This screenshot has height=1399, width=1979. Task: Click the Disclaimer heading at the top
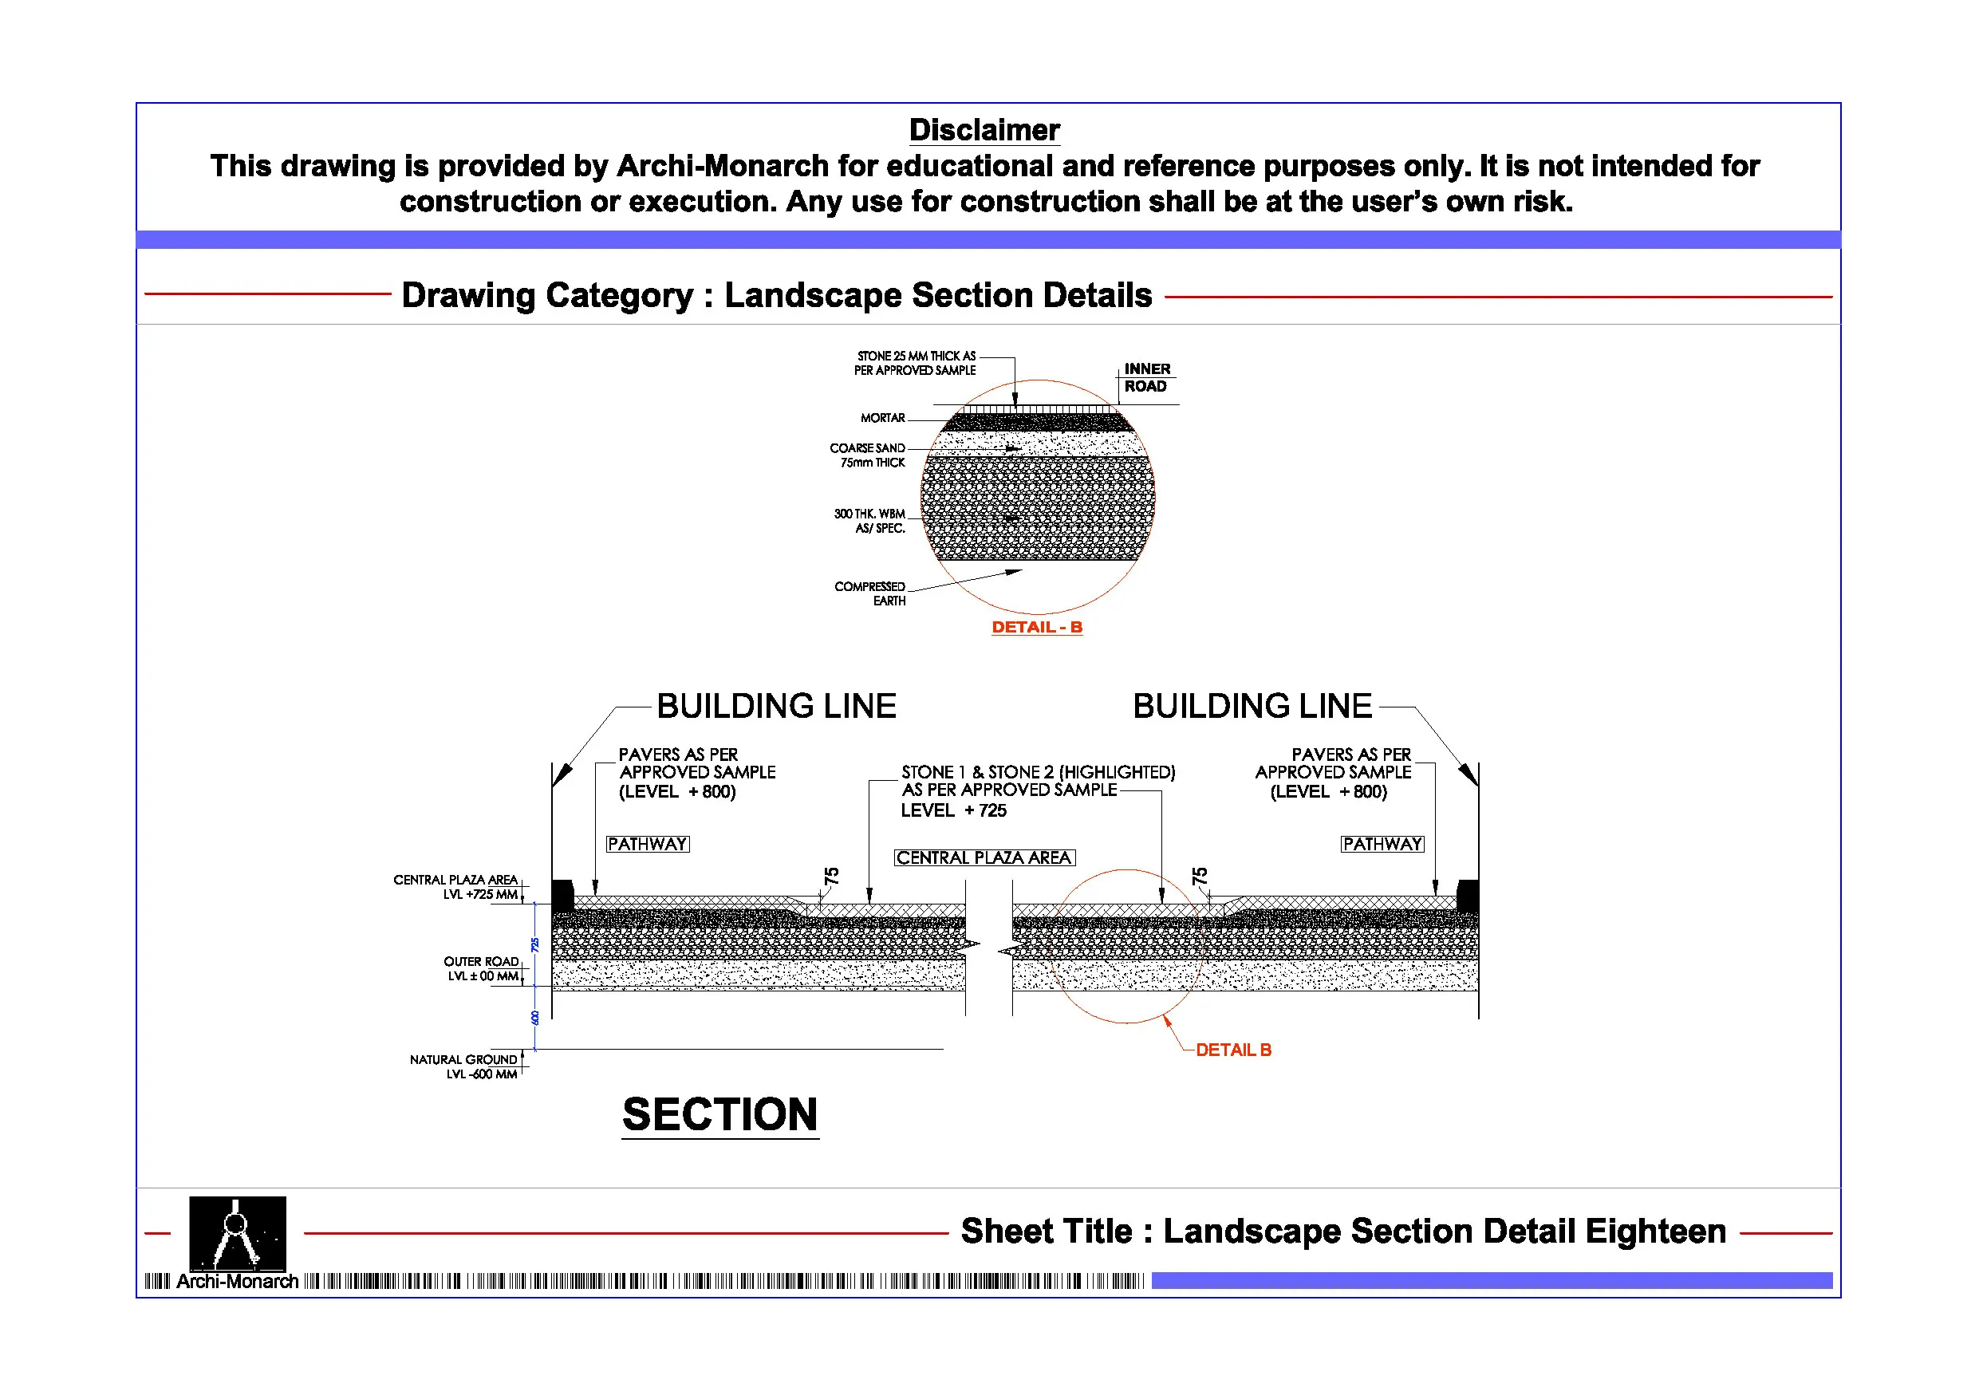pyautogui.click(x=984, y=130)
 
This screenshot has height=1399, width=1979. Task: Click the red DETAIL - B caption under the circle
pyautogui.click(x=1036, y=628)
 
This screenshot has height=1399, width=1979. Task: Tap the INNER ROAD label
pyautogui.click(x=1145, y=377)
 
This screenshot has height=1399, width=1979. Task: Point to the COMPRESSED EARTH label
pyautogui.click(x=870, y=594)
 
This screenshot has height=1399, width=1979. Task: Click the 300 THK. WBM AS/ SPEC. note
pyautogui.click(x=869, y=521)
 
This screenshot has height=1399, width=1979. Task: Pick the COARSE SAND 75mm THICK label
pyautogui.click(x=868, y=455)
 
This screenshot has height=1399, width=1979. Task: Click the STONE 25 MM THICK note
pyautogui.click(x=916, y=363)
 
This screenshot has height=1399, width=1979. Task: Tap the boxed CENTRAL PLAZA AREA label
pyautogui.click(x=984, y=857)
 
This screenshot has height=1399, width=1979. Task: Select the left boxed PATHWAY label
pyautogui.click(x=648, y=844)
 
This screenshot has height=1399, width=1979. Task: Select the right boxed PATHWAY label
pyautogui.click(x=1382, y=844)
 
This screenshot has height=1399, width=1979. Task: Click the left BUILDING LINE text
pyautogui.click(x=776, y=706)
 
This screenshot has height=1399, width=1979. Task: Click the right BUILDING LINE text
pyautogui.click(x=1252, y=706)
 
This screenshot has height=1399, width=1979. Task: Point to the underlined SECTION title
pyautogui.click(x=719, y=1114)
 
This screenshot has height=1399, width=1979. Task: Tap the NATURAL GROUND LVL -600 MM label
pyautogui.click(x=463, y=1066)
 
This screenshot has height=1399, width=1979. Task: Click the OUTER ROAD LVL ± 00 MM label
pyautogui.click(x=482, y=969)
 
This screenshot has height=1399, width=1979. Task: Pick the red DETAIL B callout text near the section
pyautogui.click(x=1232, y=1050)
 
